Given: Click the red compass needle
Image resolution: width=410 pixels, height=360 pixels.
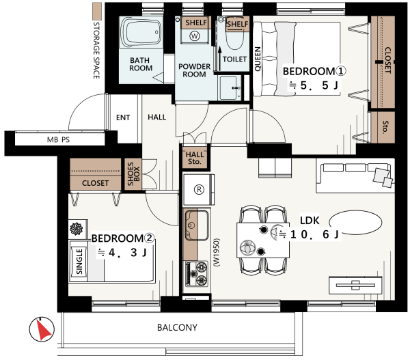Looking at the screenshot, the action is pyautogui.click(x=43, y=329).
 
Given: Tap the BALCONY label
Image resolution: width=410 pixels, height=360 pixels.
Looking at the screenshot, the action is pyautogui.click(x=177, y=327).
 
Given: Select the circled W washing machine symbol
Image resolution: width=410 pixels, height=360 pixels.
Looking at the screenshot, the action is pyautogui.click(x=195, y=36).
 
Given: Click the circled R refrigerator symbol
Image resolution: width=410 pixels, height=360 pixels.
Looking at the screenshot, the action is pyautogui.click(x=199, y=189).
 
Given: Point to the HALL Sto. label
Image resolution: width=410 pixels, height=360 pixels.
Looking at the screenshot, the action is pyautogui.click(x=195, y=158).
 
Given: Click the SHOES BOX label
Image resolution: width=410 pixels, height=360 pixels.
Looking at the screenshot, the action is pyautogui.click(x=134, y=174).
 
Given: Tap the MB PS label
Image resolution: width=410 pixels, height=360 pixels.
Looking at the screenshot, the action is pyautogui.click(x=58, y=139).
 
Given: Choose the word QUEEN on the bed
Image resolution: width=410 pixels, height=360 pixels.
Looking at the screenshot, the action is pyautogui.click(x=258, y=59).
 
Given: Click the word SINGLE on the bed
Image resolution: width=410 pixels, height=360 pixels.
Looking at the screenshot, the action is pyautogui.click(x=79, y=262).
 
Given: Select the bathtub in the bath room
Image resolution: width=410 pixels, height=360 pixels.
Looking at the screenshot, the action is pyautogui.click(x=141, y=32).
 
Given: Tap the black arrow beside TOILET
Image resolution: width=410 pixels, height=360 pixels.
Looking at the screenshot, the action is pyautogui.click(x=219, y=58).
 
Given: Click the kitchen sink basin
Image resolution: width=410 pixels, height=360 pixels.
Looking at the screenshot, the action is pyautogui.click(x=197, y=225).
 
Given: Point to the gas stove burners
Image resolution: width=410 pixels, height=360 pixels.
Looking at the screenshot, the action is pyautogui.click(x=197, y=274).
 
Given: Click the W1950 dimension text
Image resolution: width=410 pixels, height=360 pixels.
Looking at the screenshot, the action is pyautogui.click(x=217, y=252).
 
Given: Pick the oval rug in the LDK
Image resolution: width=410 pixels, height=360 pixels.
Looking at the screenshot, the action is pyautogui.click(x=355, y=222).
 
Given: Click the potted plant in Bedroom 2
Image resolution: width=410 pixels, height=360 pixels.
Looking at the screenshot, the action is pyautogui.click(x=77, y=229).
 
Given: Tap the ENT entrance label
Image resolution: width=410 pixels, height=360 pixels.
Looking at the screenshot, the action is pyautogui.click(x=123, y=117).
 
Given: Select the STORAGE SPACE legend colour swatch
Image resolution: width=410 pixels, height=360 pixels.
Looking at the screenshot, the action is pyautogui.click(x=97, y=11).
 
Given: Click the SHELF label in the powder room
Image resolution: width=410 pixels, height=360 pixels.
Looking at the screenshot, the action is pyautogui.click(x=196, y=23).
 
